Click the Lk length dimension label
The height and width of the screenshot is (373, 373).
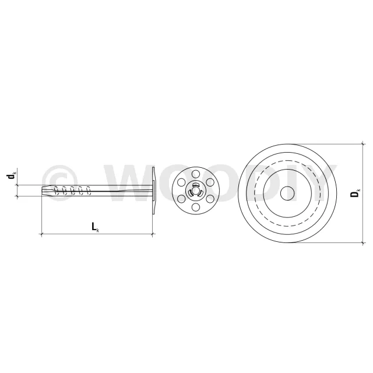[x=96, y=227]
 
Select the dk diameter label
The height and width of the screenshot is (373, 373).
[x=10, y=176]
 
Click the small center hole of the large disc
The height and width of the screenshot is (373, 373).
[x=287, y=193]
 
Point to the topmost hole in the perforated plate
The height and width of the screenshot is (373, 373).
[x=196, y=174]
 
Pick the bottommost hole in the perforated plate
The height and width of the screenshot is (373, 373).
[x=196, y=207]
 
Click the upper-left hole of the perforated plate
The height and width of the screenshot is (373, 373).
[x=181, y=182]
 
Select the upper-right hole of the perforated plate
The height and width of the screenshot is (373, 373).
[x=210, y=182]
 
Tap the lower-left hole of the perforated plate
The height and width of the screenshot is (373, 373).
[x=181, y=199]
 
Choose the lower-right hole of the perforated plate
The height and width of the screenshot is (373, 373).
[x=210, y=199]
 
